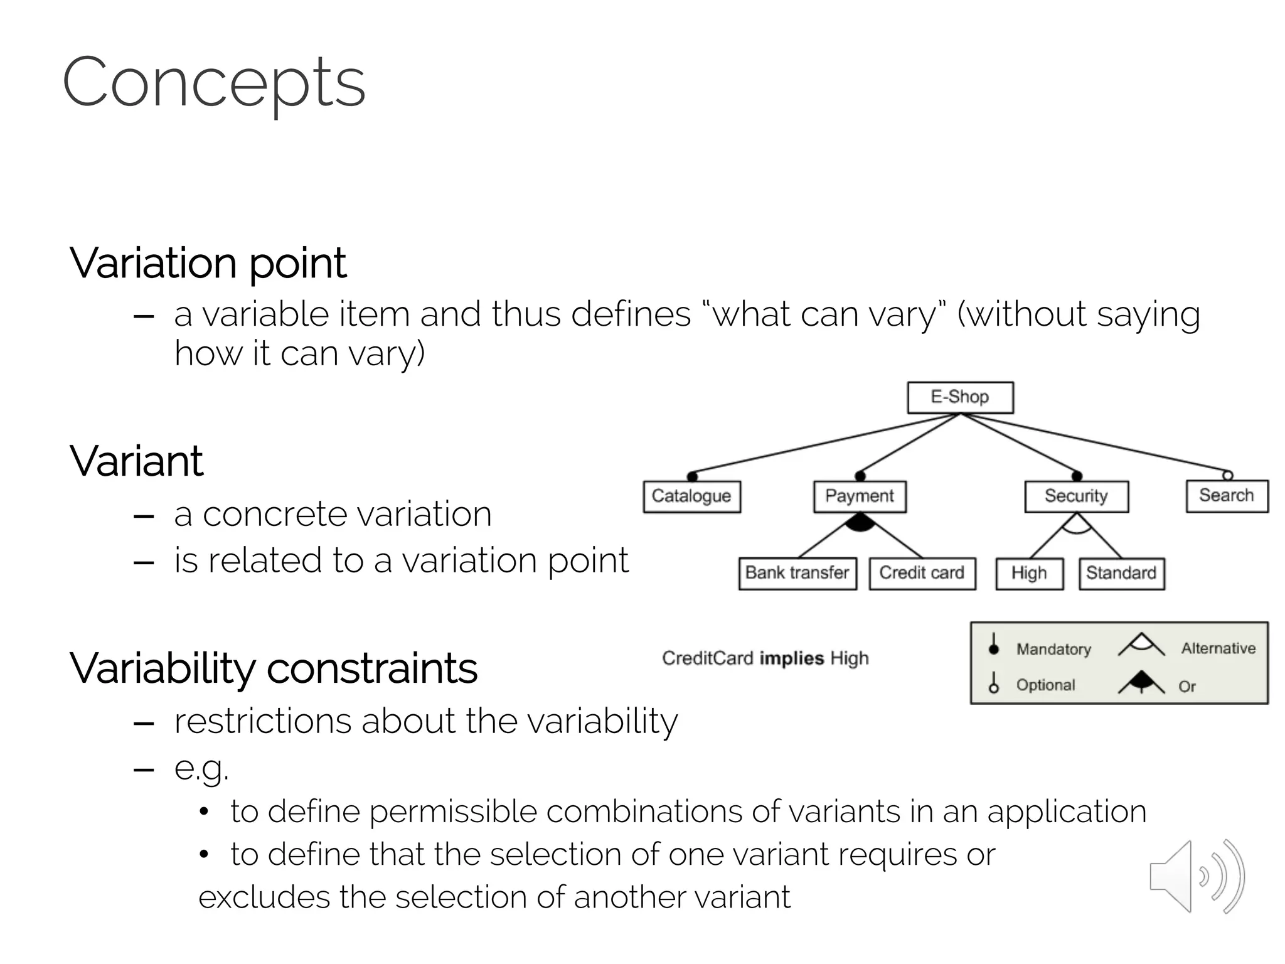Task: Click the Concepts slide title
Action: pos(213,83)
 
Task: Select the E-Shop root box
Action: pos(960,397)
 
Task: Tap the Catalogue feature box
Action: pos(691,496)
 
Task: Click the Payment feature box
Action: pos(860,496)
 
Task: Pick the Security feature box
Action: pos(1076,496)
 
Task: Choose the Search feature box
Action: pos(1227,496)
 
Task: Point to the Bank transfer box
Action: pos(797,573)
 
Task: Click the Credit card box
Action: pos(922,573)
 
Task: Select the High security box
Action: pos(1029,574)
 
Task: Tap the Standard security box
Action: pos(1121,574)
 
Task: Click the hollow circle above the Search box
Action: pos(1228,475)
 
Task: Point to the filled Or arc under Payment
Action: pos(860,522)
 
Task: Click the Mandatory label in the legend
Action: pos(1053,649)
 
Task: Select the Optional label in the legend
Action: pos(1045,685)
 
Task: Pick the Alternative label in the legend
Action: pos(1218,648)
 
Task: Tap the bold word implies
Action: pos(791,658)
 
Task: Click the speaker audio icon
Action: pos(1197,876)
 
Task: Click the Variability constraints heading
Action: pos(274,668)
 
